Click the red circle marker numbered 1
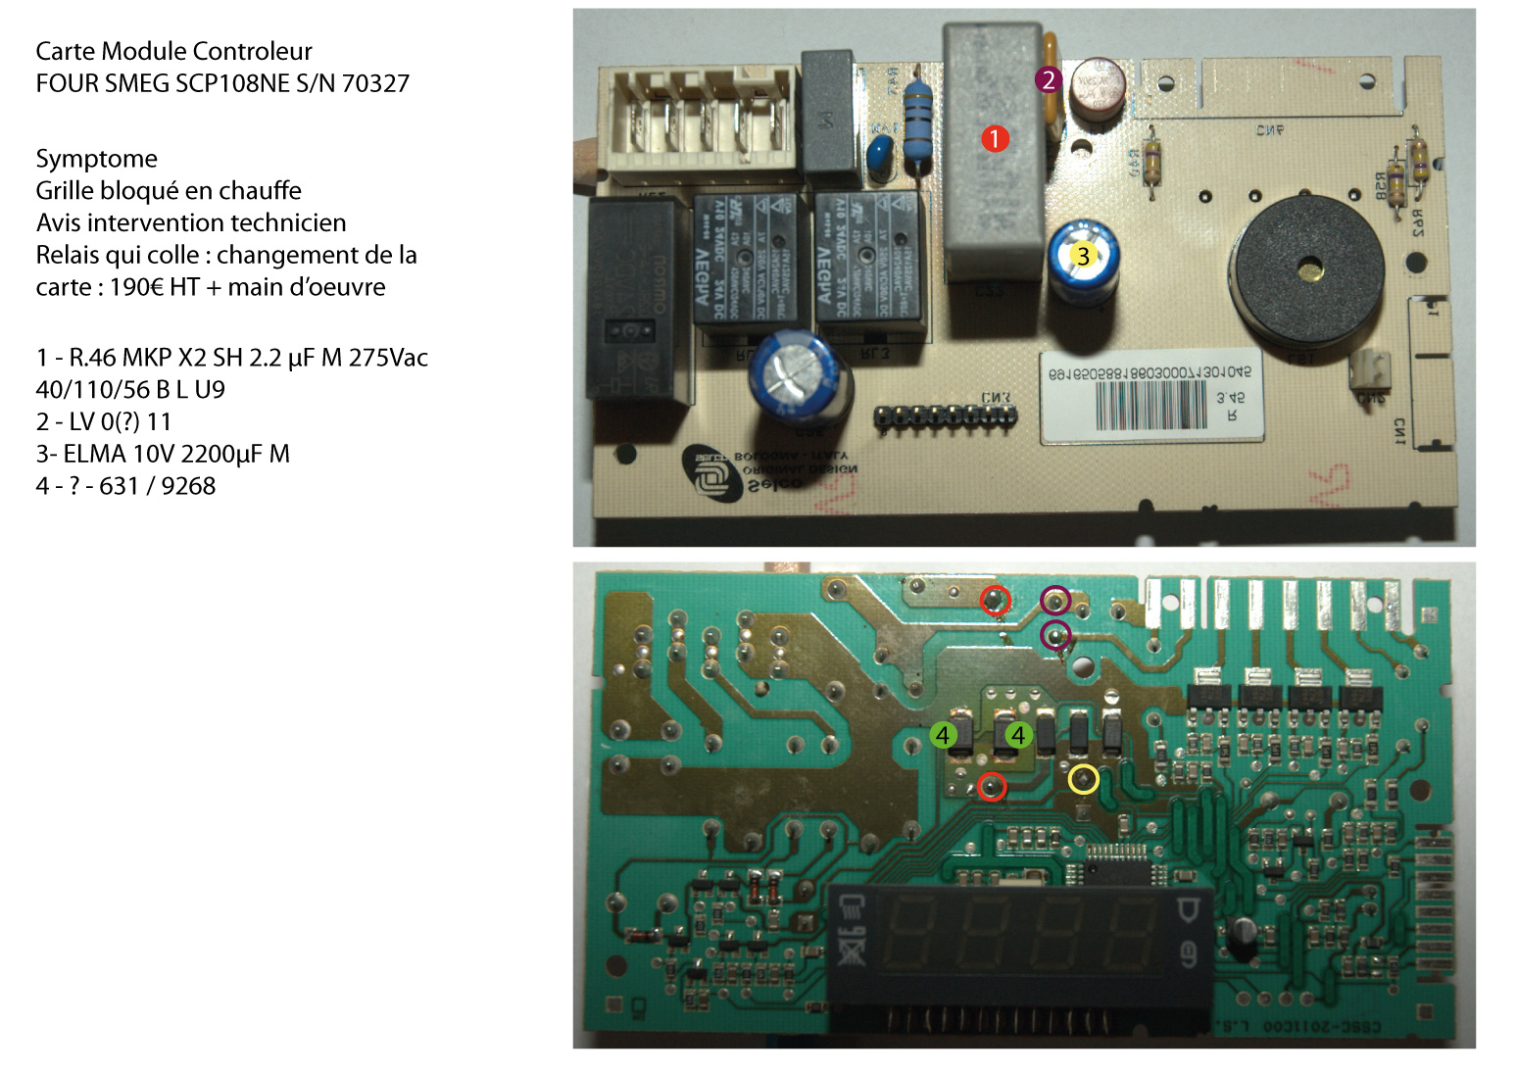tap(994, 139)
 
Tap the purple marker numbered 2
tap(1048, 79)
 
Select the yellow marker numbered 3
tap(1082, 256)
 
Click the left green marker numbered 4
tap(943, 735)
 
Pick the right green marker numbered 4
tap(1018, 735)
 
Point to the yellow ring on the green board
tap(1083, 780)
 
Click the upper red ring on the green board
tap(996, 599)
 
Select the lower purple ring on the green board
tap(1054, 637)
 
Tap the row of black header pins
tap(945, 417)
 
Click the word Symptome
tap(96, 159)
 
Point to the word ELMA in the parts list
tap(94, 454)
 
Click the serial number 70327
tap(375, 83)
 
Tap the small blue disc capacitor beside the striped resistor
tap(879, 152)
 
